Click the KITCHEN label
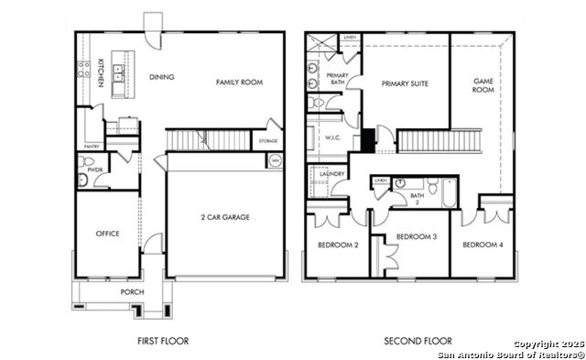(101, 73)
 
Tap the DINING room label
(161, 77)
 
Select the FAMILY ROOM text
(239, 82)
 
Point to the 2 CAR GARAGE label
(225, 217)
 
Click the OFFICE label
(107, 234)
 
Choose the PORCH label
(132, 293)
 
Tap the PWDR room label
(93, 170)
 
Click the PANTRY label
(91, 147)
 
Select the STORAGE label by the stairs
(267, 141)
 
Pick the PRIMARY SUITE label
(407, 83)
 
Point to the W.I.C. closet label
(332, 138)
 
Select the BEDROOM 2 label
(337, 245)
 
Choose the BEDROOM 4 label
(482, 245)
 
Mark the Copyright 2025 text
(548, 344)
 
